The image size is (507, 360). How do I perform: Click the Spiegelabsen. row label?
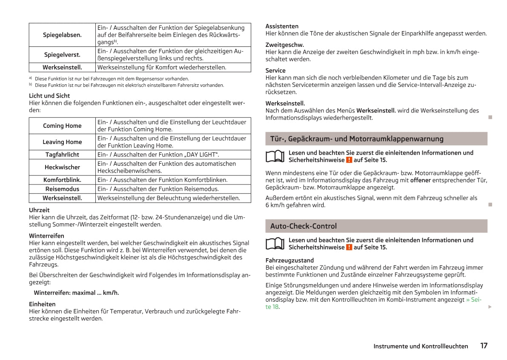[x=62, y=35]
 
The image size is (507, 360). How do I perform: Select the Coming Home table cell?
[x=62, y=126]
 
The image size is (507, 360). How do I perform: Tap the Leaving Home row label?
[x=62, y=142]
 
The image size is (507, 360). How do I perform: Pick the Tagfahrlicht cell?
[x=62, y=155]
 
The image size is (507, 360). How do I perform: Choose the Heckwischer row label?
[x=62, y=167]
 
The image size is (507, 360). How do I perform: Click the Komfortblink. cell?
[x=62, y=180]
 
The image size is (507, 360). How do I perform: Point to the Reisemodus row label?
[x=62, y=189]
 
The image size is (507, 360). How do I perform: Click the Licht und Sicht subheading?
[x=49, y=96]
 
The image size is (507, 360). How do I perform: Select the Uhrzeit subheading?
[x=39, y=210]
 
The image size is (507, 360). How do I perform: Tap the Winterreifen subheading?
[x=46, y=236]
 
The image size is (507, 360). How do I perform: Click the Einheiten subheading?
[x=42, y=304]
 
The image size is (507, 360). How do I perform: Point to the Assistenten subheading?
[x=282, y=26]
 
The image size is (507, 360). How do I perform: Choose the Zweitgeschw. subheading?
[x=284, y=45]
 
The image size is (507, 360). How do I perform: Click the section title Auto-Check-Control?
[x=303, y=226]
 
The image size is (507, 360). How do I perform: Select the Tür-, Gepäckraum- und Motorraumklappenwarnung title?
[x=357, y=139]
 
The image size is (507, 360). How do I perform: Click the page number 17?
[x=484, y=346]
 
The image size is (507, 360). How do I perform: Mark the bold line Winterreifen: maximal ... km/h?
[x=76, y=293]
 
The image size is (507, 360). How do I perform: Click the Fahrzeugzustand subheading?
[x=289, y=260]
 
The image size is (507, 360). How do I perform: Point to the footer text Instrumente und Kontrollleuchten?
[x=421, y=346]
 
